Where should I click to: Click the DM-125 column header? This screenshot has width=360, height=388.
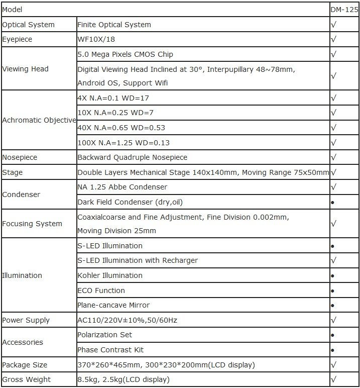(344, 10)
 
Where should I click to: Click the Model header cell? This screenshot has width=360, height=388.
(13, 10)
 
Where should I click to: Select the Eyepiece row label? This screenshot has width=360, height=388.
(17, 39)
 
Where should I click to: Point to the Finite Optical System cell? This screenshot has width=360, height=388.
(114, 25)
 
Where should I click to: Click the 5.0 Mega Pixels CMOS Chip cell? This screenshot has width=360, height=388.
(126, 54)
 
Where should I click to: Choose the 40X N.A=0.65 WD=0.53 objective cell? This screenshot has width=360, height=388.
(121, 128)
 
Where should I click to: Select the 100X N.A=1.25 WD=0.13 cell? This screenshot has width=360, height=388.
(124, 143)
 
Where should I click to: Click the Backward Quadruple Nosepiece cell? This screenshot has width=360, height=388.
(132, 157)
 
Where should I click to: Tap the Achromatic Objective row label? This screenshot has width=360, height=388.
(39, 120)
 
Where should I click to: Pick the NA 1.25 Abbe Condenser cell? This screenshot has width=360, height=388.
(122, 187)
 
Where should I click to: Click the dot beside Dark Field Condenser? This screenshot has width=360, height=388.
(333, 202)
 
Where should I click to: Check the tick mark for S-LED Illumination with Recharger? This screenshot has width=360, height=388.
(334, 260)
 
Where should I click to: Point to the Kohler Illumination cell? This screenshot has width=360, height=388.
(110, 275)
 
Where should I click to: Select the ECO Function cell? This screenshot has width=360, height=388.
(101, 290)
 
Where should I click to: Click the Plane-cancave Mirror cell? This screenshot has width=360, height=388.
(113, 305)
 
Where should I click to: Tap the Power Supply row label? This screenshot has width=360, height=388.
(26, 320)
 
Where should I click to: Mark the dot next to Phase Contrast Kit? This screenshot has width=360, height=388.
(333, 350)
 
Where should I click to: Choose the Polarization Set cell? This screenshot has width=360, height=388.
(104, 335)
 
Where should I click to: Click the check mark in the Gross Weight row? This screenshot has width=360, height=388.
(334, 379)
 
